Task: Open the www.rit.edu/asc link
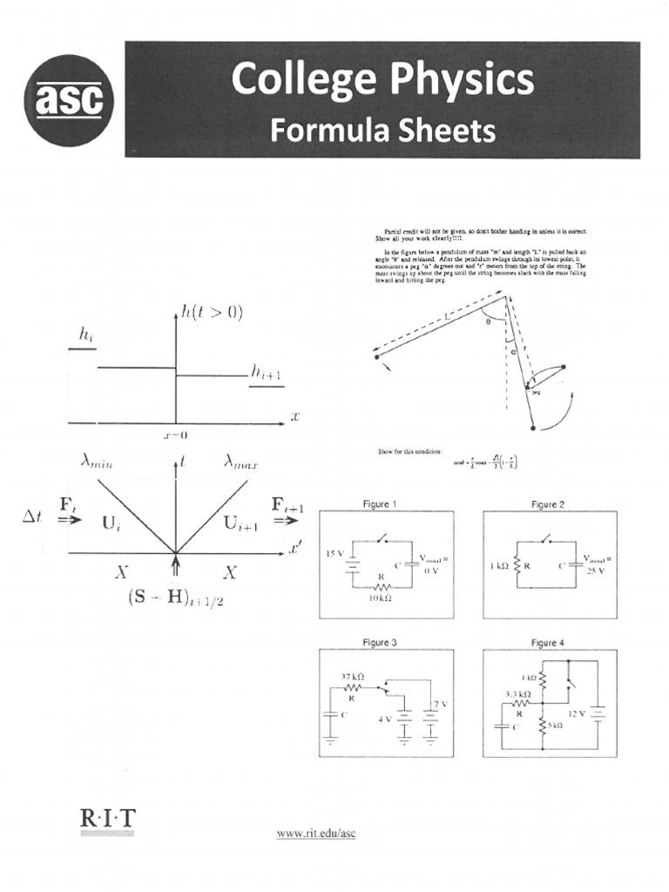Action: click(316, 834)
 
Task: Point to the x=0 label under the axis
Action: click(175, 435)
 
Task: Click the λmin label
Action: click(101, 464)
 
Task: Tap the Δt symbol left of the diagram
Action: click(33, 517)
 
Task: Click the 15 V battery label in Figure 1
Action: click(335, 553)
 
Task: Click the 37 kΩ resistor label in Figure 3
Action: click(352, 677)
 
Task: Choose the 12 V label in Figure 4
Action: click(577, 713)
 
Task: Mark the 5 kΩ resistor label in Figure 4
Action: click(554, 724)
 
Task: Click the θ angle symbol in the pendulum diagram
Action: click(489, 321)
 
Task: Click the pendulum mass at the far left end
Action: click(376, 356)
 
